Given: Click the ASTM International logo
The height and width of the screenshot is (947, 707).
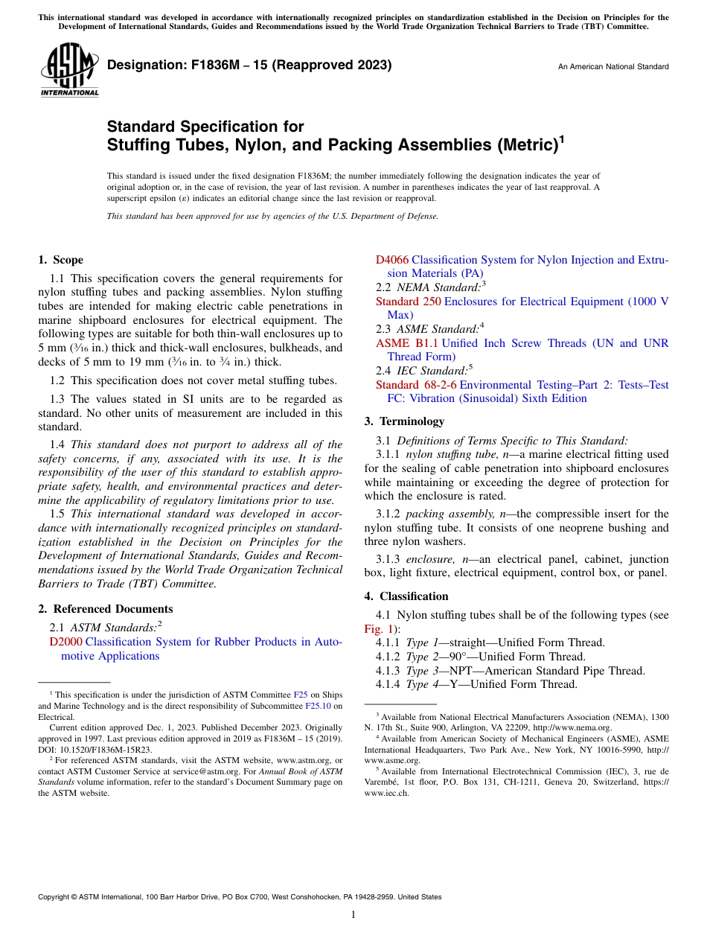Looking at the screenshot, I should (69, 69).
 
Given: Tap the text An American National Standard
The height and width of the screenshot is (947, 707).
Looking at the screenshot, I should (612, 67).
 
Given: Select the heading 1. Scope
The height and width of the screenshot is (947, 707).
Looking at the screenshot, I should (60, 260).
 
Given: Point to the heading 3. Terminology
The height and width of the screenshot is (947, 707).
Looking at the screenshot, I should (404, 421).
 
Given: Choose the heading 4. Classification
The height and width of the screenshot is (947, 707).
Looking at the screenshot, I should (406, 596).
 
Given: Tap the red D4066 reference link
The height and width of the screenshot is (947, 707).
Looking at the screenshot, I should (391, 260).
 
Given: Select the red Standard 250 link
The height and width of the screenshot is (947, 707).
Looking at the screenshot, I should (407, 302).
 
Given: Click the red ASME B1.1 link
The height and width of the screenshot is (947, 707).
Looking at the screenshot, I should (406, 343).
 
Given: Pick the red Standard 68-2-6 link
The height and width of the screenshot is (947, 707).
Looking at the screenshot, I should (416, 385).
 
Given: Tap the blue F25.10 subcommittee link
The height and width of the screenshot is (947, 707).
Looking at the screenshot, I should (317, 705).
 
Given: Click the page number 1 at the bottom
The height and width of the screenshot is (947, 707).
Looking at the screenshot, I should (353, 915).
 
